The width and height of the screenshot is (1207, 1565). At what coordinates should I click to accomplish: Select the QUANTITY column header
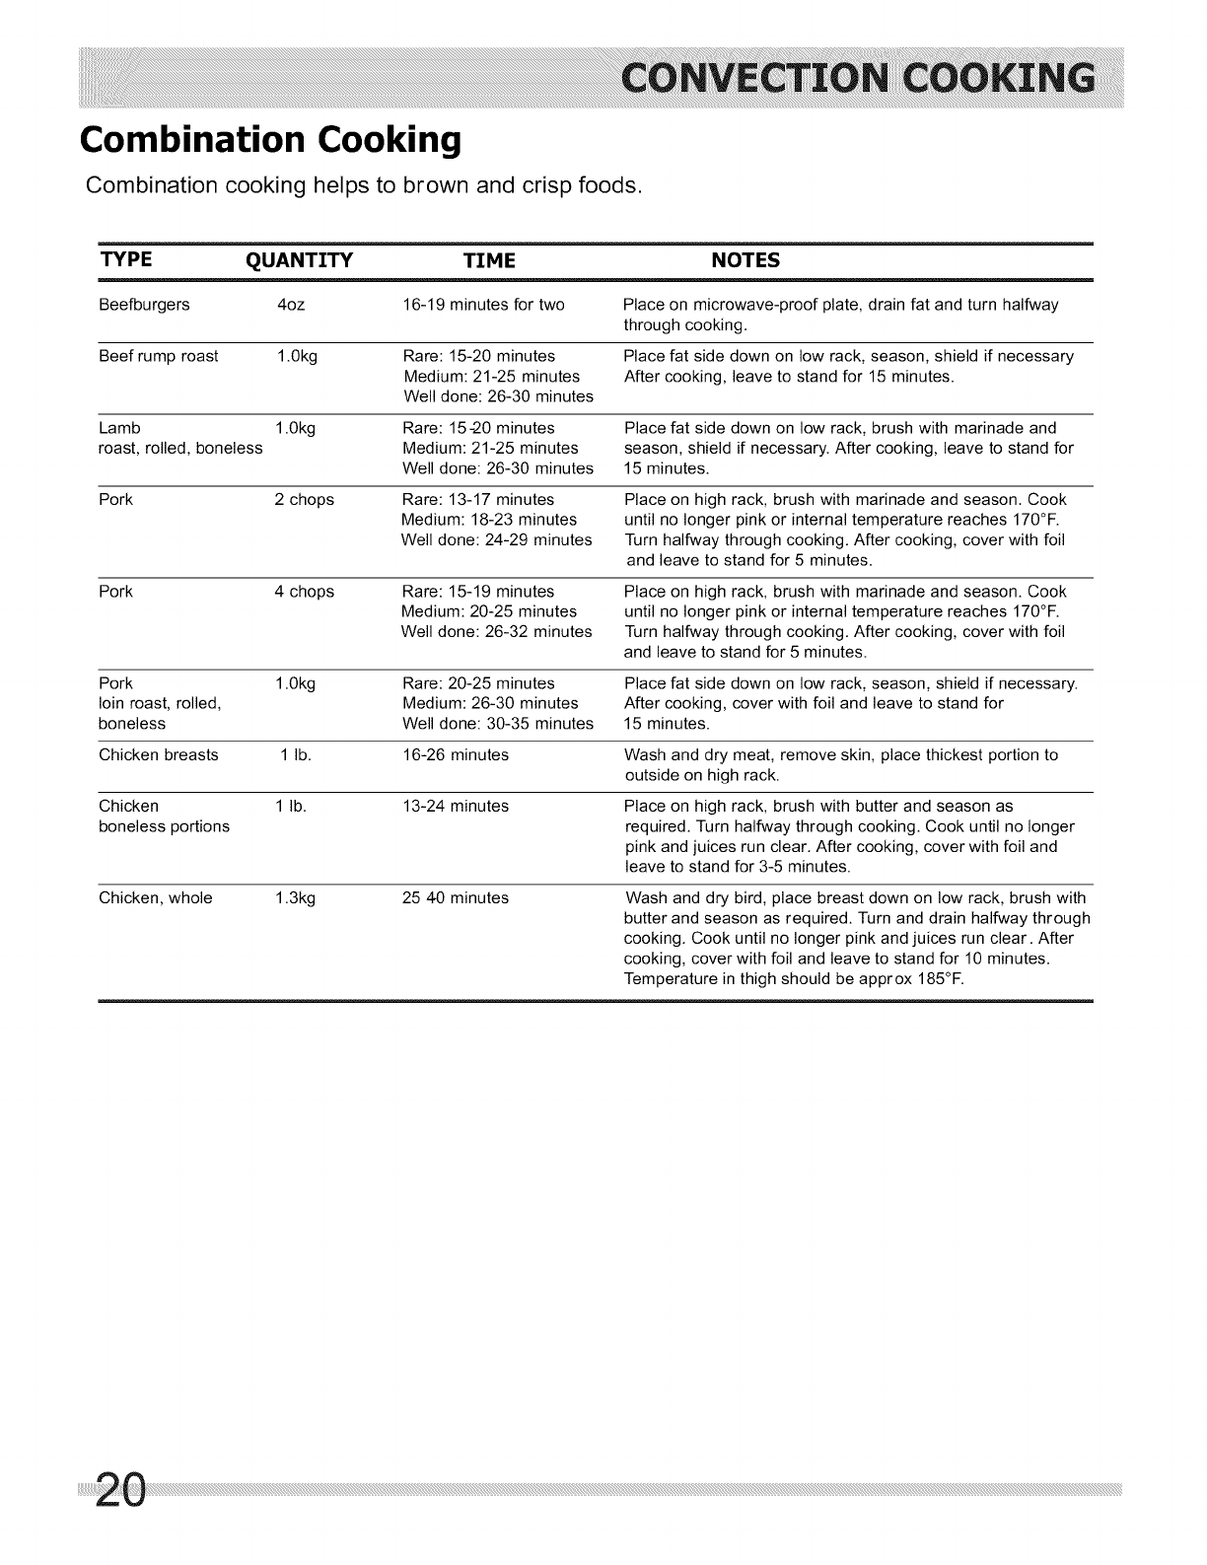pyautogui.click(x=298, y=260)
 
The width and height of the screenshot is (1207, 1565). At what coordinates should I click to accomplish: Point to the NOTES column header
pyautogui.click(x=745, y=260)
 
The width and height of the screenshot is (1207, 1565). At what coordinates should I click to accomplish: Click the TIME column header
pyautogui.click(x=489, y=260)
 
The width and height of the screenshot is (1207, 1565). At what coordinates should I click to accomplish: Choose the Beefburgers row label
pyautogui.click(x=144, y=305)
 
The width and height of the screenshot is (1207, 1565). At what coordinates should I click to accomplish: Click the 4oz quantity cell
pyautogui.click(x=291, y=305)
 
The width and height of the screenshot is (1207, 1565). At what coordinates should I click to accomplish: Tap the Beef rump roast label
pyautogui.click(x=159, y=356)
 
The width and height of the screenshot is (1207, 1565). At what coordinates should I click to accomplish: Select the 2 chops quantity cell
pyautogui.click(x=304, y=500)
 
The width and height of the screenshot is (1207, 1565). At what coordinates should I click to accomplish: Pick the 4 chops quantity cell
pyautogui.click(x=304, y=592)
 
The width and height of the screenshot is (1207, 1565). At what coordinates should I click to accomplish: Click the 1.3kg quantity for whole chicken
pyautogui.click(x=296, y=898)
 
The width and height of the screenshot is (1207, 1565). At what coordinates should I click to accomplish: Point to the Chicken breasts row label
pyautogui.click(x=159, y=755)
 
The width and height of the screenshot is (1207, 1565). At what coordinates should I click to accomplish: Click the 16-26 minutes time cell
pyautogui.click(x=456, y=755)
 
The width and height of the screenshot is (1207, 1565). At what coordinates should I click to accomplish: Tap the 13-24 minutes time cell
pyautogui.click(x=456, y=807)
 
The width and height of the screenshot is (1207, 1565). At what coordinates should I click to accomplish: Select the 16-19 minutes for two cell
pyautogui.click(x=483, y=305)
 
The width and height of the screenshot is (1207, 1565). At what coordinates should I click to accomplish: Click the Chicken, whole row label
pyautogui.click(x=156, y=898)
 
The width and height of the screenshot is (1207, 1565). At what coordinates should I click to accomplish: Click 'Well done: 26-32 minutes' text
pyautogui.click(x=496, y=631)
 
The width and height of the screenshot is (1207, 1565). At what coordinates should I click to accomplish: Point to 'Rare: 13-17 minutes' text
pyautogui.click(x=478, y=500)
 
